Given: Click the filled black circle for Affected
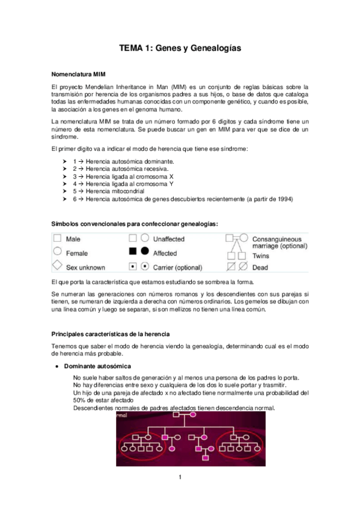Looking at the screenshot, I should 145,252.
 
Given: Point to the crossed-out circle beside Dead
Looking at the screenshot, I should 242,266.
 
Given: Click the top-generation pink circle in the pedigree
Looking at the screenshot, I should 194,416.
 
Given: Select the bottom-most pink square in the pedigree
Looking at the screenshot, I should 205,458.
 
